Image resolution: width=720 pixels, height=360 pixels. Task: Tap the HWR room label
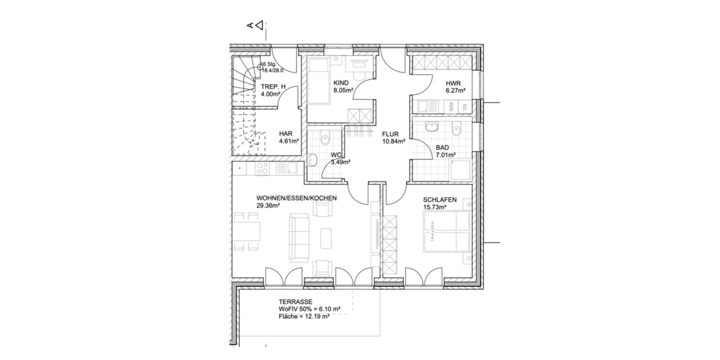click(x=453, y=83)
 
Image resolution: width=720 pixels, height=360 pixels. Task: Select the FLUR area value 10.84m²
click(x=394, y=142)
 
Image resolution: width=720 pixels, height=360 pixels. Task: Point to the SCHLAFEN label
click(x=440, y=200)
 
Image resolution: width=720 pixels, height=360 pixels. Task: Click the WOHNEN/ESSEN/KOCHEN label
click(x=296, y=198)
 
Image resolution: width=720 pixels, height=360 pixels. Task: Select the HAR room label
click(x=285, y=134)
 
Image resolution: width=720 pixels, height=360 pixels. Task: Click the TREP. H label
click(x=273, y=86)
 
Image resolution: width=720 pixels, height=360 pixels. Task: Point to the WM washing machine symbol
click(x=451, y=106)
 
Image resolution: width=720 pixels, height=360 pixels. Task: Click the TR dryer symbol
click(x=464, y=106)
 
